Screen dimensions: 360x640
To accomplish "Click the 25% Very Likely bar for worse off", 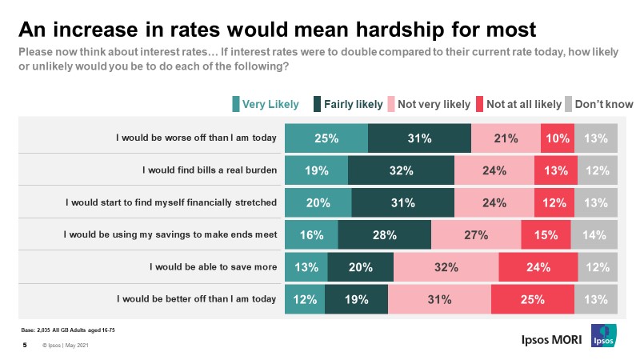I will (326, 138).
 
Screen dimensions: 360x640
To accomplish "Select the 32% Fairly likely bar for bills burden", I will (401, 170).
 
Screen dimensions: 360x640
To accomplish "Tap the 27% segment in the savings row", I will (476, 234).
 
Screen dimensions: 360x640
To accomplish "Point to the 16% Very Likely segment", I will (311, 234).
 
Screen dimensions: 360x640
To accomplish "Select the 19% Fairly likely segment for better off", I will (357, 299).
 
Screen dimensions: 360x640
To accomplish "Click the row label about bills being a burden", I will (209, 170).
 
